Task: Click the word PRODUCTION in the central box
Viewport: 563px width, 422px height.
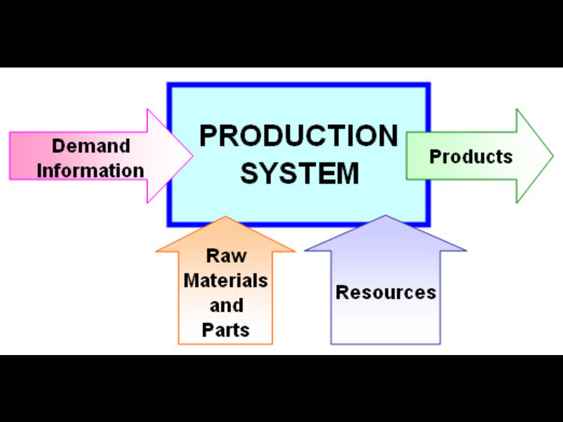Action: [x=298, y=136]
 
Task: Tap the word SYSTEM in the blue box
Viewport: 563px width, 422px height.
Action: [x=300, y=173]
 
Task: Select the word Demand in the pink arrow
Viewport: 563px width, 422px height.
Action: [x=91, y=146]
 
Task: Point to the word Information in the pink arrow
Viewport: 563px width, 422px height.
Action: [x=91, y=170]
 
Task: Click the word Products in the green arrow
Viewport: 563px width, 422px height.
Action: [x=471, y=156]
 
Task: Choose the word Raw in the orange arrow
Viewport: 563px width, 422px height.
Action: [x=226, y=255]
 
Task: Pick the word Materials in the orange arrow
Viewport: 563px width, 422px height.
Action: [x=226, y=280]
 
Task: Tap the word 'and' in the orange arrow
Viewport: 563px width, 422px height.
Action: [x=226, y=305]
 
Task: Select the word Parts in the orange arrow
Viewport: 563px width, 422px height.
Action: [x=226, y=330]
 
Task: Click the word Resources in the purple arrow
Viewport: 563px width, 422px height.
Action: [x=386, y=293]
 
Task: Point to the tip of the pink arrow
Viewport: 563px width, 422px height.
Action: [x=193, y=156]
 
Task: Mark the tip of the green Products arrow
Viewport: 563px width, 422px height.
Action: [x=553, y=156]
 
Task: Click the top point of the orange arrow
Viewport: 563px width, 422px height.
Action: [x=225, y=217]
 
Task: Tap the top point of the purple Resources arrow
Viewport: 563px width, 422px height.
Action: [x=385, y=216]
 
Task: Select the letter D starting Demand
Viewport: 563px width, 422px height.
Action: [x=59, y=146]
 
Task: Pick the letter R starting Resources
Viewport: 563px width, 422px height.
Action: [x=342, y=293]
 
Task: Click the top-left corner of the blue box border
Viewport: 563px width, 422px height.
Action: [x=168, y=84]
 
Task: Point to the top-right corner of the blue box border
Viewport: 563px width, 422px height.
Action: [x=429, y=84]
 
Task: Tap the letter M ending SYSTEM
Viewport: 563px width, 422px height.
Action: [x=347, y=173]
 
